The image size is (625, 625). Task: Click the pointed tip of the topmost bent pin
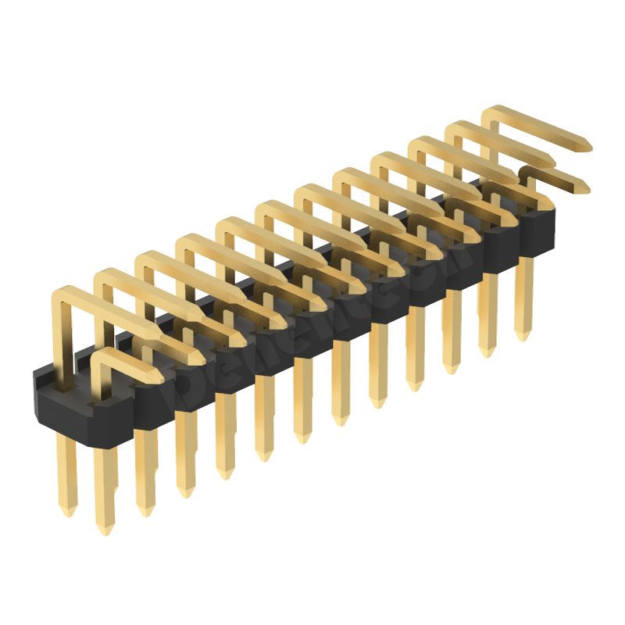[x=587, y=145]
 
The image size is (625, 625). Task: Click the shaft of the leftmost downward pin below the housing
[x=67, y=477]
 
